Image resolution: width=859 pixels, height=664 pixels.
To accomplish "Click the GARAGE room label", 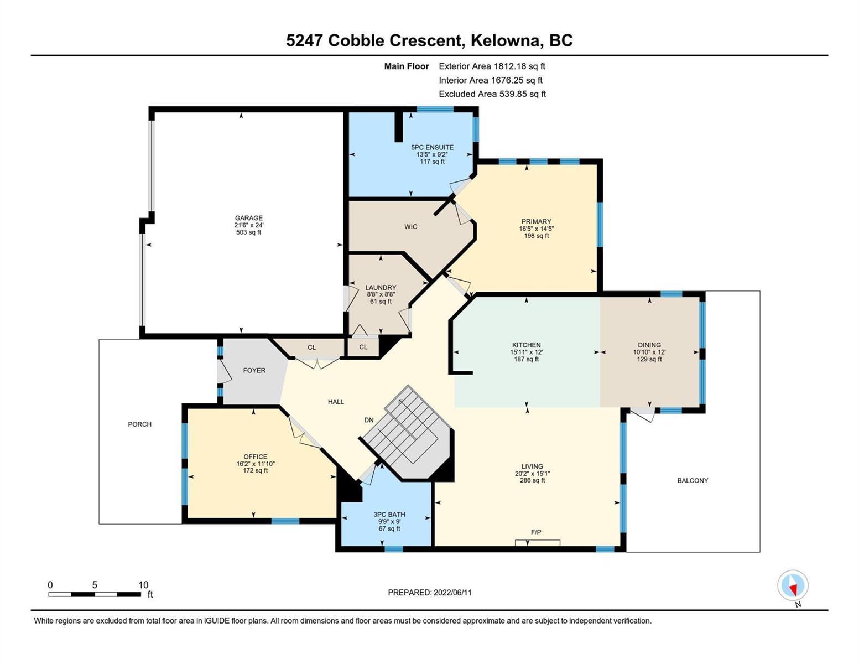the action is [x=249, y=218].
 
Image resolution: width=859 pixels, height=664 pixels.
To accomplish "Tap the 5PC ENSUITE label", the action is [x=432, y=147].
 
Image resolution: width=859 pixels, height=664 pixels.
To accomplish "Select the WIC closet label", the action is [x=411, y=227].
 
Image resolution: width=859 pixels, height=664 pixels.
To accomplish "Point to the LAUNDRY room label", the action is [x=381, y=288].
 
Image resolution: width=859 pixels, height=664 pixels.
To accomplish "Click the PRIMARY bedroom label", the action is [x=536, y=221].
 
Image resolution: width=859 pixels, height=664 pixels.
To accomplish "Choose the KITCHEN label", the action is [x=526, y=345].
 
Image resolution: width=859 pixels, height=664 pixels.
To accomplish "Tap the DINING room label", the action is [x=649, y=345].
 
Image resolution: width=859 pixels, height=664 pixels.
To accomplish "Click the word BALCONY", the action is [x=693, y=480].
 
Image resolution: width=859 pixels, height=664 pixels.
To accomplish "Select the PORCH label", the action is [x=139, y=424].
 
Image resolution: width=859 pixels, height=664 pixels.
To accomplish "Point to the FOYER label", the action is [x=254, y=370].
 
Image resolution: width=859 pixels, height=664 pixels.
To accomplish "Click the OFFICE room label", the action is [x=256, y=456].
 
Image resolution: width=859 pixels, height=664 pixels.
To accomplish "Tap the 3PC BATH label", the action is [x=389, y=515].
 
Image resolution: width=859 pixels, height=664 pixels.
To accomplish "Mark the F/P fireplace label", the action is [x=536, y=532].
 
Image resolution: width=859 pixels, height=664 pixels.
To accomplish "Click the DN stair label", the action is [x=369, y=420].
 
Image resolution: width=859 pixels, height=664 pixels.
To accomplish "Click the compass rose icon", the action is [x=793, y=585].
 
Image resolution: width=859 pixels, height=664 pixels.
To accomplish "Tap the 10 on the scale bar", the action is [x=143, y=585].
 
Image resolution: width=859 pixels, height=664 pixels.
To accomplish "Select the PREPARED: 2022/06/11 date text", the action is [x=430, y=593].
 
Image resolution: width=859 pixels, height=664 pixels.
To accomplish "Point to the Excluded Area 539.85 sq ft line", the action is [x=492, y=94].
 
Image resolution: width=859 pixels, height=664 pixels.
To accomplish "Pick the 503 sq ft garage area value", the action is [x=249, y=232].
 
